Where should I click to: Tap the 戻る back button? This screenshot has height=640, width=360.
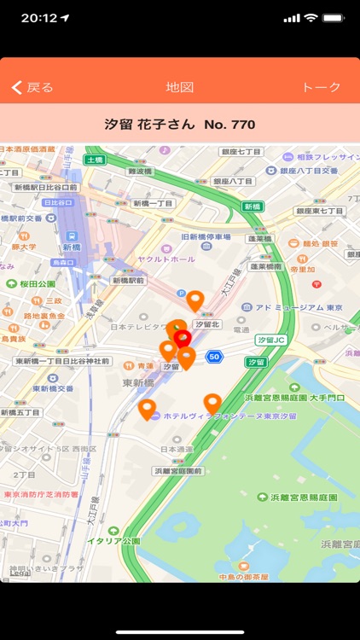[x=32, y=87]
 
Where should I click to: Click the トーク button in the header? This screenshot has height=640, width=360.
[x=322, y=87]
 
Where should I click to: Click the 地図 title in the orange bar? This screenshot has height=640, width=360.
[x=180, y=87]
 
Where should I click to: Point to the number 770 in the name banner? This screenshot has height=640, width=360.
[x=241, y=125]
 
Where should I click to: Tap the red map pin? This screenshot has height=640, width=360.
[x=183, y=340]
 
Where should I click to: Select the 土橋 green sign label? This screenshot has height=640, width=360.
[x=94, y=160]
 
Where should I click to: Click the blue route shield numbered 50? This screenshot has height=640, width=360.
[x=214, y=357]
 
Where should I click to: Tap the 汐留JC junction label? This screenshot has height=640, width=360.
[x=275, y=340]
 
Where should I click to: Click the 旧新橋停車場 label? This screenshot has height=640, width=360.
[x=206, y=237]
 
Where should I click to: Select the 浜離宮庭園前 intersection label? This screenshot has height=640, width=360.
[x=178, y=470]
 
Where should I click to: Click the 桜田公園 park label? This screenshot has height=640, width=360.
[x=38, y=283]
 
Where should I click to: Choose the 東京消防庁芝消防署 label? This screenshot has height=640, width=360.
[x=40, y=494]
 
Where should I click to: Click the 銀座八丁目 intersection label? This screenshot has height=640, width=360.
[x=233, y=181]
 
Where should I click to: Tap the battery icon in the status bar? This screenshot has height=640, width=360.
[x=334, y=18]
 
